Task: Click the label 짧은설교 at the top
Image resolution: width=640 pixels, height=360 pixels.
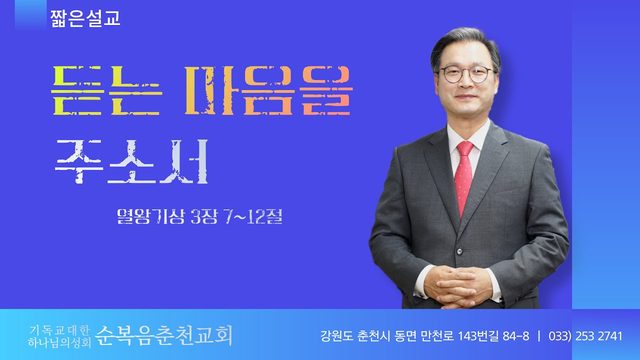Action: tap(85, 18)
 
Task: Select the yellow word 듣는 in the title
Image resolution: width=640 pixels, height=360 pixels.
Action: tap(107, 91)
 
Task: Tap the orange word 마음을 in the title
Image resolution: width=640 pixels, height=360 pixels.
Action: tap(268, 91)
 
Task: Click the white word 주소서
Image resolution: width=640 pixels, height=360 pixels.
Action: tap(131, 161)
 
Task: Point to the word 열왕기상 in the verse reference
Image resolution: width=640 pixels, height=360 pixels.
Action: tap(151, 216)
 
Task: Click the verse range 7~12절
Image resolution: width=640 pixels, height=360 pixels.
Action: tap(253, 216)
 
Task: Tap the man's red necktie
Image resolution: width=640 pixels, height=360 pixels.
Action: tap(463, 178)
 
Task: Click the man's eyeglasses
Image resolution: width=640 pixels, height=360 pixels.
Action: tap(467, 74)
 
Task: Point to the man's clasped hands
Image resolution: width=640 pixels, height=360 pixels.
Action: tap(458, 287)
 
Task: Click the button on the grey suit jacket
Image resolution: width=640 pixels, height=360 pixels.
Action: tap(460, 252)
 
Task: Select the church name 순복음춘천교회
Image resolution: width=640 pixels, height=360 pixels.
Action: tap(164, 336)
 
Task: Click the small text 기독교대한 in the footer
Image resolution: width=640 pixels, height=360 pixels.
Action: tap(59, 330)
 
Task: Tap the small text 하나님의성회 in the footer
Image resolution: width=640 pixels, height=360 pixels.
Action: tap(60, 342)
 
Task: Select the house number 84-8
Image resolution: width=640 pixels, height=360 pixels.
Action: tap(516, 336)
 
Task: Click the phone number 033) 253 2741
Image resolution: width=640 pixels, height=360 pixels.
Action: tap(585, 336)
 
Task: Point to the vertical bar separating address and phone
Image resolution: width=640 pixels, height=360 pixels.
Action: tap(539, 336)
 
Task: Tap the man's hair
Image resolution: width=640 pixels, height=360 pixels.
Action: tap(465, 41)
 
